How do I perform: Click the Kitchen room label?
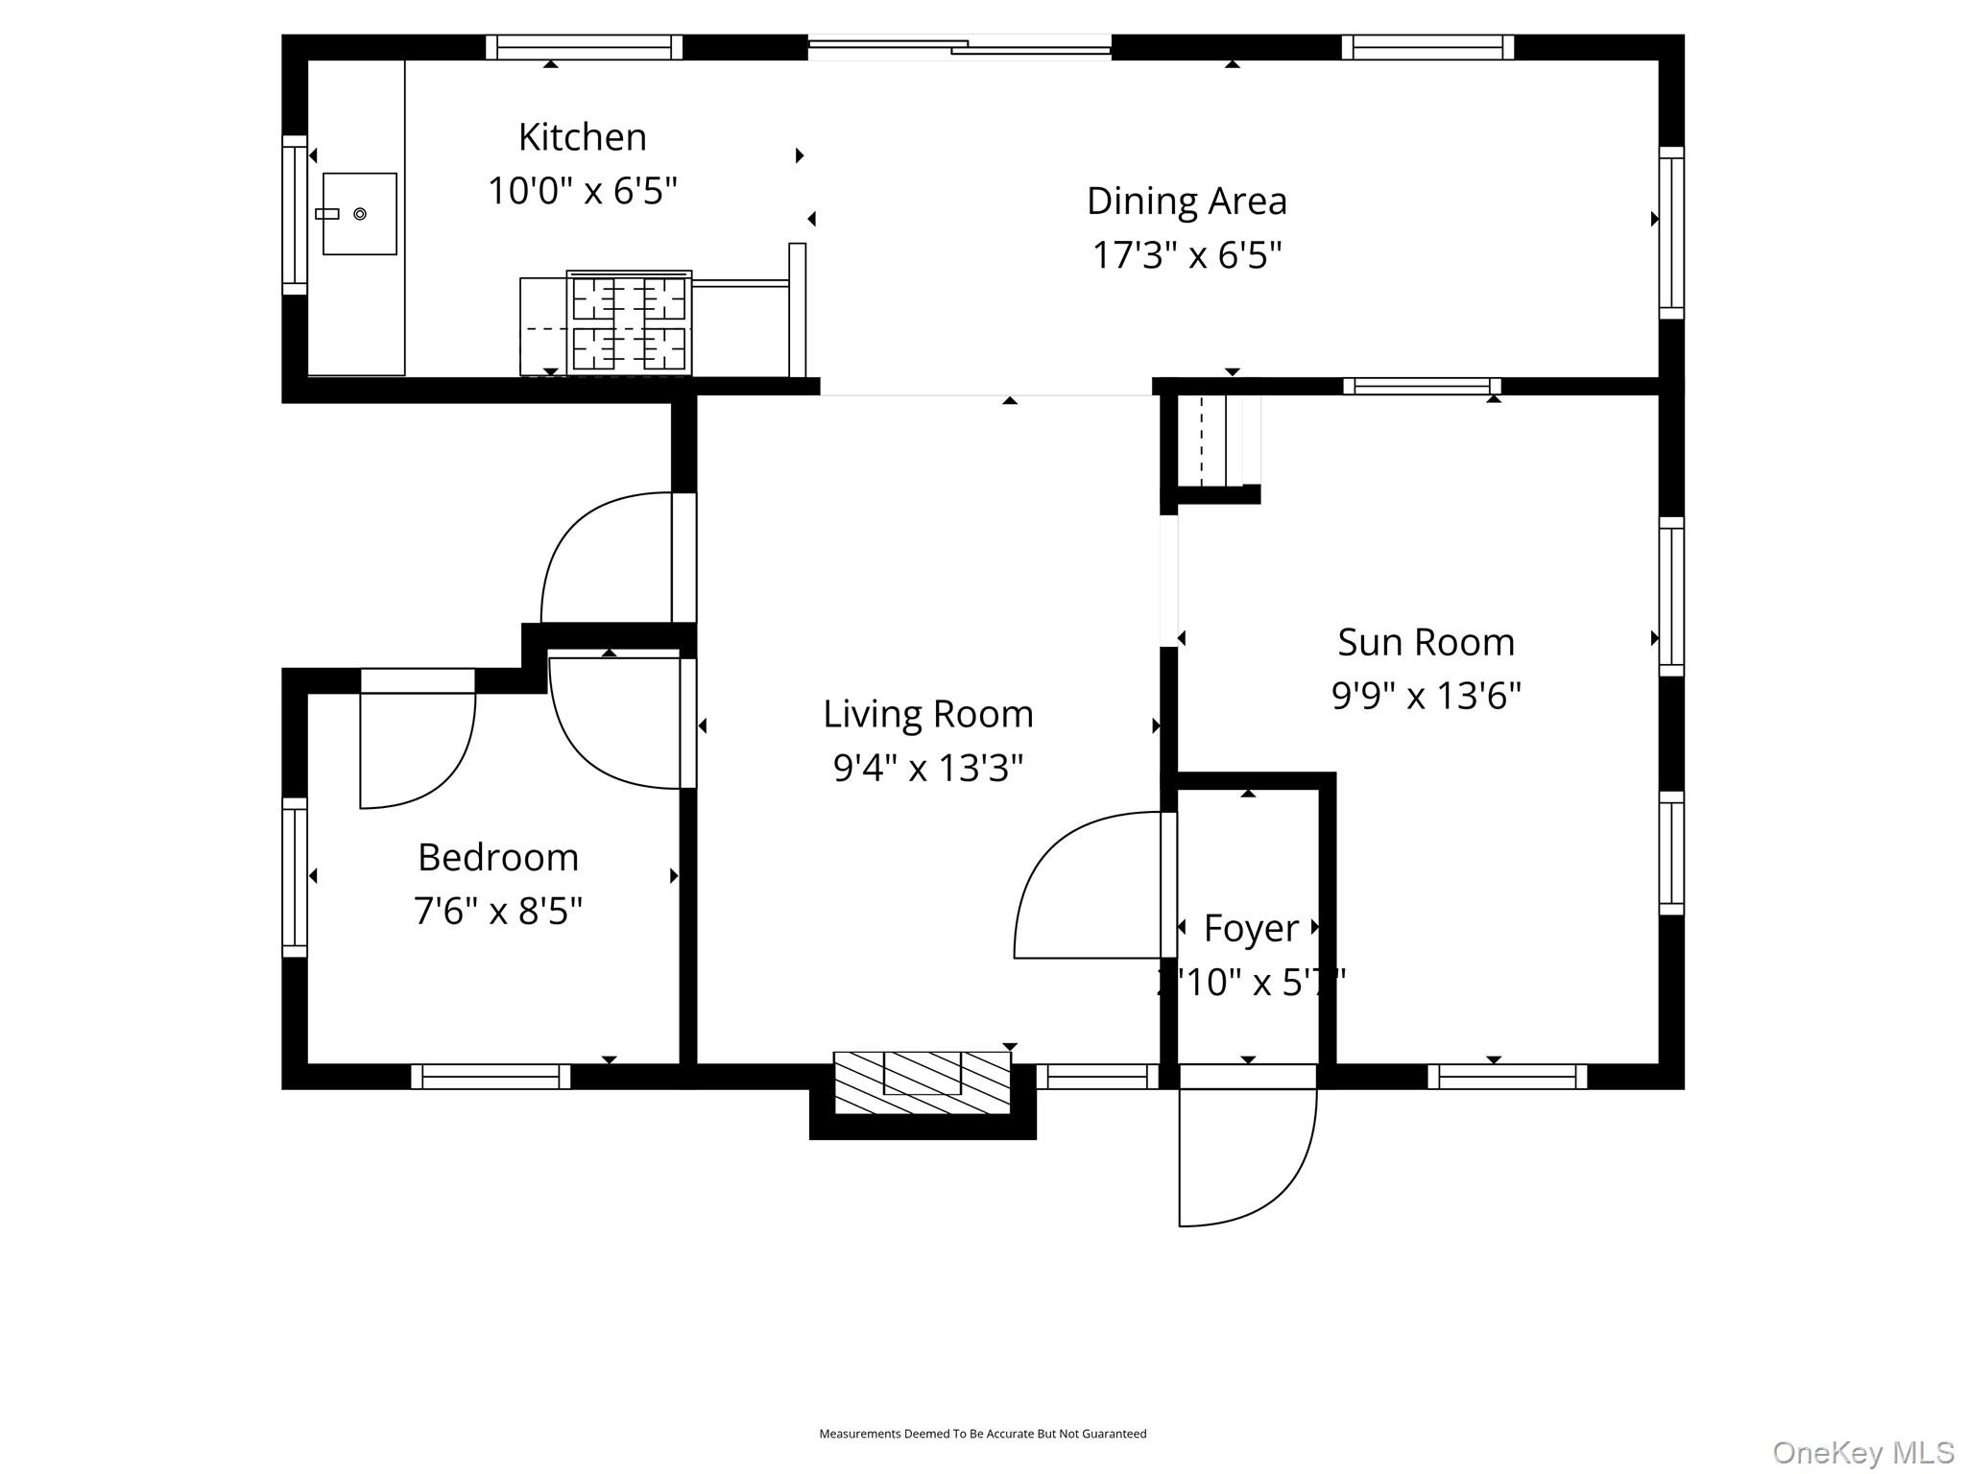coord(582,137)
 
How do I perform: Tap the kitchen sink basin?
coord(360,214)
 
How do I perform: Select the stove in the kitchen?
coord(630,322)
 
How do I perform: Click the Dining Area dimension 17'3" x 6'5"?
coord(1187,255)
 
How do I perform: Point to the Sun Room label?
coord(1426,642)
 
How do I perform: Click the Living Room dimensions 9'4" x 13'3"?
coord(927,768)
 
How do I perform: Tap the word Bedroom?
coord(498,857)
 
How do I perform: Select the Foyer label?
coord(1250,928)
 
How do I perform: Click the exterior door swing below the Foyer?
coord(1248,1161)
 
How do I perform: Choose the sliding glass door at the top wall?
coord(960,46)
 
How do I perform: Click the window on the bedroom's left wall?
coord(294,877)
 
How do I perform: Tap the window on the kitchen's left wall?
coord(294,215)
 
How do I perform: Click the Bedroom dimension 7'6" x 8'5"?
coord(498,911)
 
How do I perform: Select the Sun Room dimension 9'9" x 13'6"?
coord(1426,696)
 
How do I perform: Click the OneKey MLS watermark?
coord(1862,1452)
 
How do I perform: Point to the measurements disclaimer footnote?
coord(982,1434)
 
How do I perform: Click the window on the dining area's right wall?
coord(1671,232)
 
